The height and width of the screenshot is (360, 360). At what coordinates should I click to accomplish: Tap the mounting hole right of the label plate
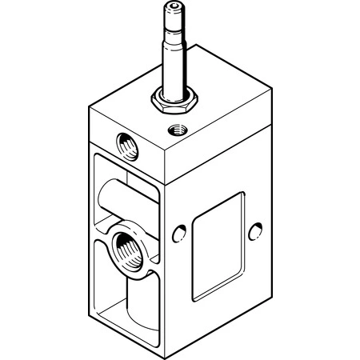(258, 231)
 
